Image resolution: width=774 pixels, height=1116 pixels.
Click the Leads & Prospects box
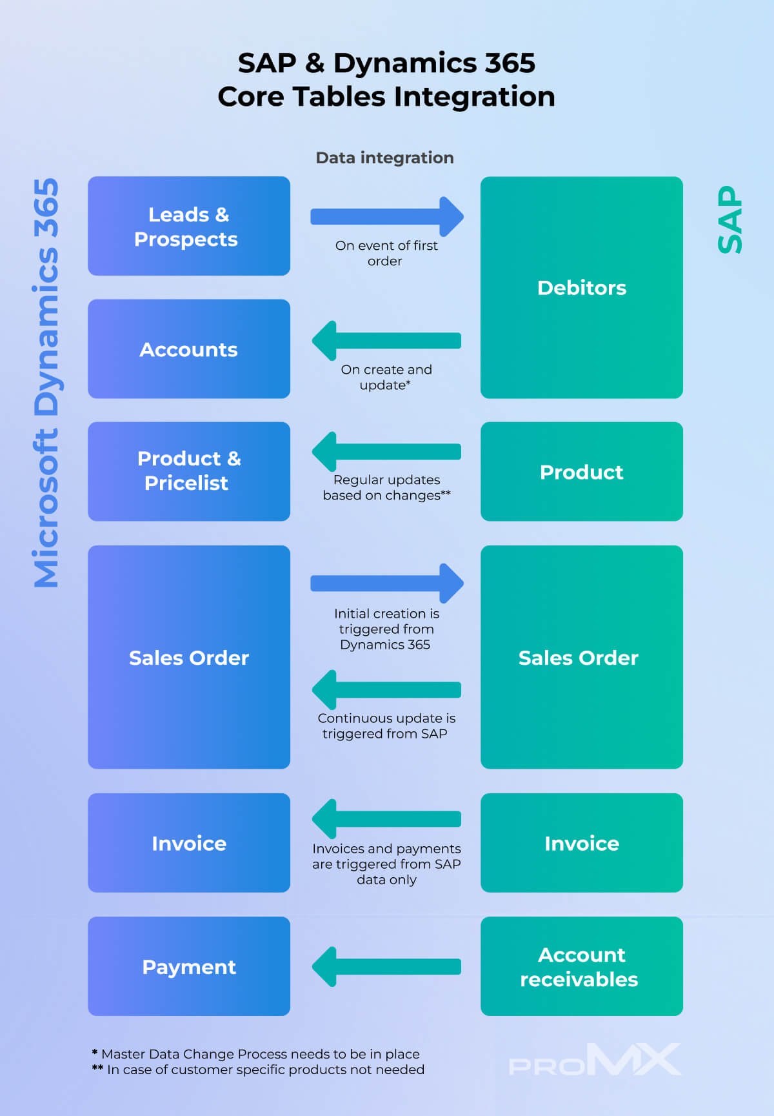point(188,226)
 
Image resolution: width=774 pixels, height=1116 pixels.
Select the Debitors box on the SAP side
point(581,287)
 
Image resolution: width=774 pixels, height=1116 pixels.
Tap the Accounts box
point(188,349)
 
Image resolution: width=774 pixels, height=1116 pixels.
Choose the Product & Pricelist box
point(188,471)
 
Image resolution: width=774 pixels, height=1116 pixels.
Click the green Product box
point(581,471)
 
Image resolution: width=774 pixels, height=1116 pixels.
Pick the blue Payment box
point(188,966)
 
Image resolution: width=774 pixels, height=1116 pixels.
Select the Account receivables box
point(581,966)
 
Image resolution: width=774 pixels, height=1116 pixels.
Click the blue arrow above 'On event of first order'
point(386,216)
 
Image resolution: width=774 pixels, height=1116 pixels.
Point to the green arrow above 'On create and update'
point(386,340)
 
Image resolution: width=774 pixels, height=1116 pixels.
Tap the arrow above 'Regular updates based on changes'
point(386,451)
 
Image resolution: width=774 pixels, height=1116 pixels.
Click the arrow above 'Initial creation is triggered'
point(386,583)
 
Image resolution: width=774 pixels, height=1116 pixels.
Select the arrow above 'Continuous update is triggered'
point(386,689)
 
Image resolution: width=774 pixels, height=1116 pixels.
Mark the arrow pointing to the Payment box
point(386,966)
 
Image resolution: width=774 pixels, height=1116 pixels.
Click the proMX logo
point(594,1060)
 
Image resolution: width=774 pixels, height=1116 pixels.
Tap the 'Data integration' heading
point(384,157)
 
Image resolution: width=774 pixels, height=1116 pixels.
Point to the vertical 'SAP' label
point(730,219)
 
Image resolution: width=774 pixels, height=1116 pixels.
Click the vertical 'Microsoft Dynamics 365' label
point(46,383)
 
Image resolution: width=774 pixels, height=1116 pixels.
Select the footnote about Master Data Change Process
point(256,1054)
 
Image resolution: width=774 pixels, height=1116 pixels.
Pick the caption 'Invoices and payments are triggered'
point(386,864)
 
